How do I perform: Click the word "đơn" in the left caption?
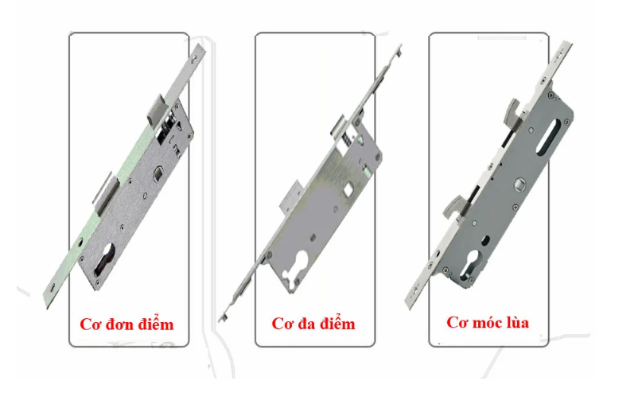(119, 324)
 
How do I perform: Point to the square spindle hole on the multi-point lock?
(348, 189)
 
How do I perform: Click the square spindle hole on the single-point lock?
(158, 174)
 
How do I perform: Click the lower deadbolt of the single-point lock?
(106, 192)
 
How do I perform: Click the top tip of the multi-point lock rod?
(400, 45)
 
